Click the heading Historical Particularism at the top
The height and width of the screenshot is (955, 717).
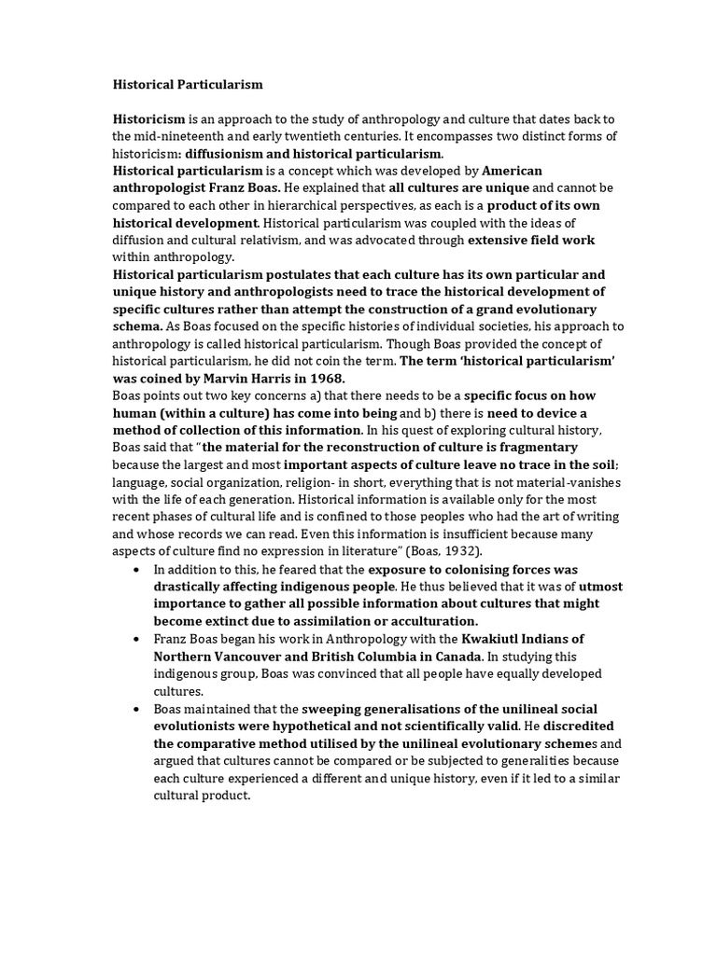click(x=189, y=85)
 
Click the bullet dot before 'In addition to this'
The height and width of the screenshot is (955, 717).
click(x=137, y=568)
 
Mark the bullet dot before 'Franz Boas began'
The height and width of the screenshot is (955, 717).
click(x=137, y=638)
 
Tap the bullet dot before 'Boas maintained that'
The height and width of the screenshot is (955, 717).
click(x=137, y=708)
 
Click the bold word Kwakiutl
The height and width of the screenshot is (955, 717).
click(x=509, y=638)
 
